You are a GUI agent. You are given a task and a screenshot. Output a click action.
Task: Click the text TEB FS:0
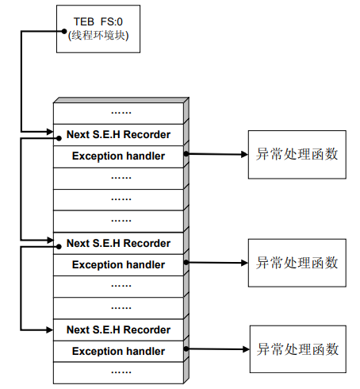[98, 21]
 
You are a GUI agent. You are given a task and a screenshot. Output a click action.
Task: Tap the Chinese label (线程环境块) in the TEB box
[98, 35]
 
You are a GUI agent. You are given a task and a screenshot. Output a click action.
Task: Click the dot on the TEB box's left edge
[64, 31]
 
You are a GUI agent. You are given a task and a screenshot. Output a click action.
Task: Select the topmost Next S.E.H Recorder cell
[118, 134]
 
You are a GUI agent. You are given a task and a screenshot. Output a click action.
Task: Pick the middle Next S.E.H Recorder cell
[118, 243]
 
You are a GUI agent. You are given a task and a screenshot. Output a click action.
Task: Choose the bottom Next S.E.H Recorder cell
[118, 329]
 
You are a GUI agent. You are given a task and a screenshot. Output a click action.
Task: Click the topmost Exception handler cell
[118, 156]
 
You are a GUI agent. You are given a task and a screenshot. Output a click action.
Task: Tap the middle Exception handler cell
[118, 265]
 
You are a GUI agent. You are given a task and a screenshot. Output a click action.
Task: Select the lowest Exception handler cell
[118, 352]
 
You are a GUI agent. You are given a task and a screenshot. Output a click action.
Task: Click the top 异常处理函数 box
[297, 155]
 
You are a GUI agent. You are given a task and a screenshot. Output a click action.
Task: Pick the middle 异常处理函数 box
[297, 263]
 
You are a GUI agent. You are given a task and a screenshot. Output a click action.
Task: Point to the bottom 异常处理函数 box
[298, 349]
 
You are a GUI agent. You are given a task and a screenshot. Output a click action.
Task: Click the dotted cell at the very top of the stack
[118, 113]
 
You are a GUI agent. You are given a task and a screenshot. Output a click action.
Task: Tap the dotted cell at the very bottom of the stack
[118, 372]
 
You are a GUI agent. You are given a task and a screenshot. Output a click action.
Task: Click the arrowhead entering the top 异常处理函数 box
[245, 155]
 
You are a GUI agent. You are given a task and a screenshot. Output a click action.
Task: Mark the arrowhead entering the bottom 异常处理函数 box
[246, 349]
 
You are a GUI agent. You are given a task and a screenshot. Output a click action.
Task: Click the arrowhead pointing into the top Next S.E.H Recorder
[50, 132]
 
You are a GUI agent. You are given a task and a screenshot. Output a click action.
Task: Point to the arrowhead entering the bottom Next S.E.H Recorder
[50, 330]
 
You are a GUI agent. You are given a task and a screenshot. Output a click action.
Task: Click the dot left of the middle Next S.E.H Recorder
[59, 247]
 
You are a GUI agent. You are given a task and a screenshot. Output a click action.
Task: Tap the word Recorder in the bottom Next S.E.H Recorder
[147, 329]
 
